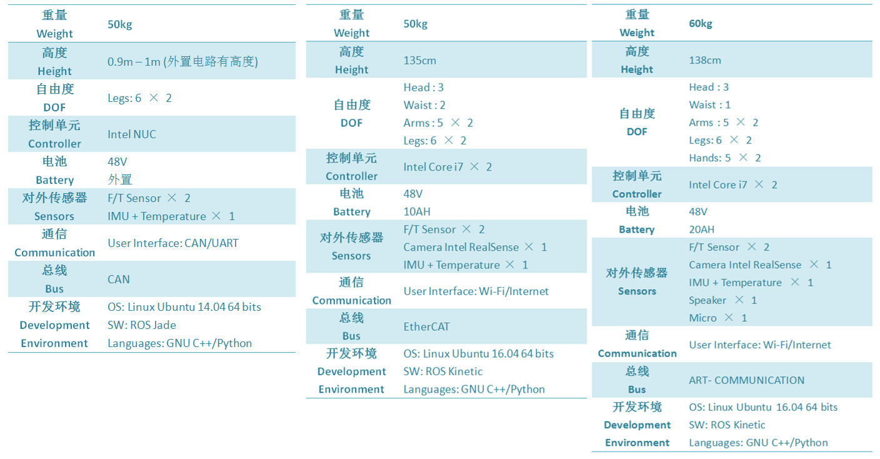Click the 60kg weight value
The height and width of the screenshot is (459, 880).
pos(701,24)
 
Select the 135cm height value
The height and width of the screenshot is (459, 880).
pos(419,61)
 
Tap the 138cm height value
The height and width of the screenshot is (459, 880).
pos(705,60)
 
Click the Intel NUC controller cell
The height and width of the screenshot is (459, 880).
pos(132,134)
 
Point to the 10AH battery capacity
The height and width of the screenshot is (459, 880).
pos(417,212)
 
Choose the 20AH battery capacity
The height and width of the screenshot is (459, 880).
pos(702,229)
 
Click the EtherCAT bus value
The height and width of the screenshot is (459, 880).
pos(426,326)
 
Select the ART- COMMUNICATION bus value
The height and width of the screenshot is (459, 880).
pos(746,380)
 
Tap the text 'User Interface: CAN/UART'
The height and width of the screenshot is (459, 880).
pos(173,243)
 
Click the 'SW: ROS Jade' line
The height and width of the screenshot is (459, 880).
pos(142,325)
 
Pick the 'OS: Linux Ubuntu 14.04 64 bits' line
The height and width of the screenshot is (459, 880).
pos(184,307)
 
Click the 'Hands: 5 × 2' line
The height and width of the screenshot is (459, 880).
pos(725,158)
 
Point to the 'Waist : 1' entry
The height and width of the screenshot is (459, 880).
pos(709,105)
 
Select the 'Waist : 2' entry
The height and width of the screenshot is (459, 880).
pos(424,105)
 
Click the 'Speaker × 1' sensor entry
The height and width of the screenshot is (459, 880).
pos(721,300)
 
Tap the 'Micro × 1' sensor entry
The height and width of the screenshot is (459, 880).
pos(717,318)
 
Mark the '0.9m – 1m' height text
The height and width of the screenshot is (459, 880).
pos(134,62)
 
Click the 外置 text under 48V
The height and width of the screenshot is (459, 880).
pos(120,179)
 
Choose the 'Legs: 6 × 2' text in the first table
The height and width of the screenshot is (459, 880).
pos(139,98)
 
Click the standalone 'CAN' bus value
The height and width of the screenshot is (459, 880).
pos(118,280)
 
